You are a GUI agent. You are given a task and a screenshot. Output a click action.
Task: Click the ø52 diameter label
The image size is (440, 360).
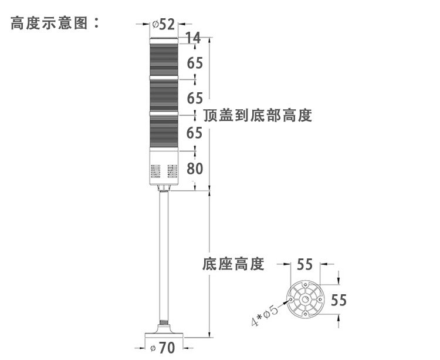tap(164, 24)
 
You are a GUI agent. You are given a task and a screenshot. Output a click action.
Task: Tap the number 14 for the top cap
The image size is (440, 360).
tap(193, 39)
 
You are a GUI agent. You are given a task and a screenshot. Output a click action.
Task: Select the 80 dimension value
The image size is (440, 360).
tap(195, 169)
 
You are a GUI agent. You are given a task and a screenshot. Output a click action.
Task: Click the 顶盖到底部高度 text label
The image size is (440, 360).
tap(258, 115)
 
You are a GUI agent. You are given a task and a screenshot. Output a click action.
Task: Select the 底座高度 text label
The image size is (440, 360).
tap(233, 264)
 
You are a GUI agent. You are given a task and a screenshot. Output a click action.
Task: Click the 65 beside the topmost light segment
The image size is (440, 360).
tap(195, 62)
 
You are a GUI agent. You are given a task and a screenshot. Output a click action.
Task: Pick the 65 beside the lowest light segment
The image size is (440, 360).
tap(195, 133)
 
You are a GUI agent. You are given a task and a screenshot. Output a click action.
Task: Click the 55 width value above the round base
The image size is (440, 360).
tap(304, 264)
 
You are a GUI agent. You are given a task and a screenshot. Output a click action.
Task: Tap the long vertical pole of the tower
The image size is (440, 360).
tap(163, 258)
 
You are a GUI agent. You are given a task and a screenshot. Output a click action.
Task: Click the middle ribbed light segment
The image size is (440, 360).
tap(164, 94)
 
